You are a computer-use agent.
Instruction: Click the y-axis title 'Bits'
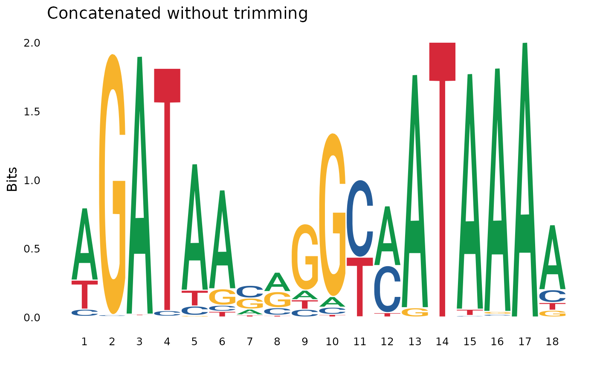click(x=12, y=179)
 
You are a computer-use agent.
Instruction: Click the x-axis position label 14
click(x=442, y=342)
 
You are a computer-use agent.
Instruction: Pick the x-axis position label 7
click(x=249, y=342)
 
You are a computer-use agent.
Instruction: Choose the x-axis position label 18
click(x=552, y=342)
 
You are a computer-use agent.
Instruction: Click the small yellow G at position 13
click(x=415, y=312)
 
